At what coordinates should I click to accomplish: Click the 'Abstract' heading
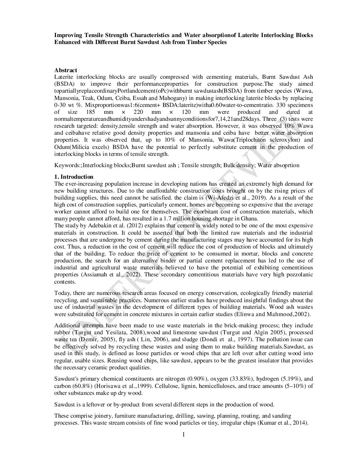pos(66,70)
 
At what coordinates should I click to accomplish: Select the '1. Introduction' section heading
pos(74,177)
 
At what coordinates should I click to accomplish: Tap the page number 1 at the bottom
pos(184,435)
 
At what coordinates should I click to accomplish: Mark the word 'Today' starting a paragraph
pos(62,293)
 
